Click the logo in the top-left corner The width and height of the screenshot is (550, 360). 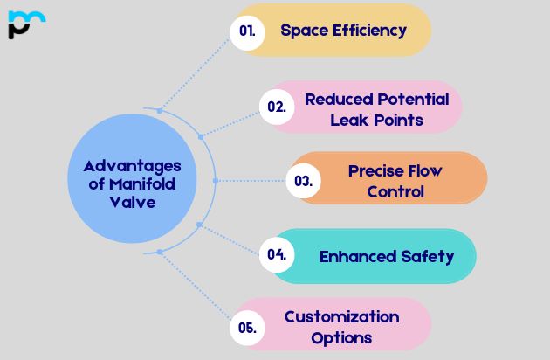coord(27,24)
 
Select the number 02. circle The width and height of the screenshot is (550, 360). coord(277,107)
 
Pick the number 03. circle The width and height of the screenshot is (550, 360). coord(304,181)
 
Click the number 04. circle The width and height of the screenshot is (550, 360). coord(277,254)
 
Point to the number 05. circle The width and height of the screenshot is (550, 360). coord(247,328)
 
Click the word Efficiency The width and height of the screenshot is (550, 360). coord(369,31)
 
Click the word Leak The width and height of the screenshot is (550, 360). coord(350,120)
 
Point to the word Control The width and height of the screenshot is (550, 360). coord(395,191)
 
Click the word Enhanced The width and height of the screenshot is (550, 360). coord(358,256)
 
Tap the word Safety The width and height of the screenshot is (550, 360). coord(428,257)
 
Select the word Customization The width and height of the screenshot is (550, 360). coord(341,317)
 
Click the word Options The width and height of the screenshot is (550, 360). coord(341,338)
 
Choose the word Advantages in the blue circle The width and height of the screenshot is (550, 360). coord(132,167)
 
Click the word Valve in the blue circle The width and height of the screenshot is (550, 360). coord(132,203)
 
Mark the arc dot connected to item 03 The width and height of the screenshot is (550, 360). coord(216,181)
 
